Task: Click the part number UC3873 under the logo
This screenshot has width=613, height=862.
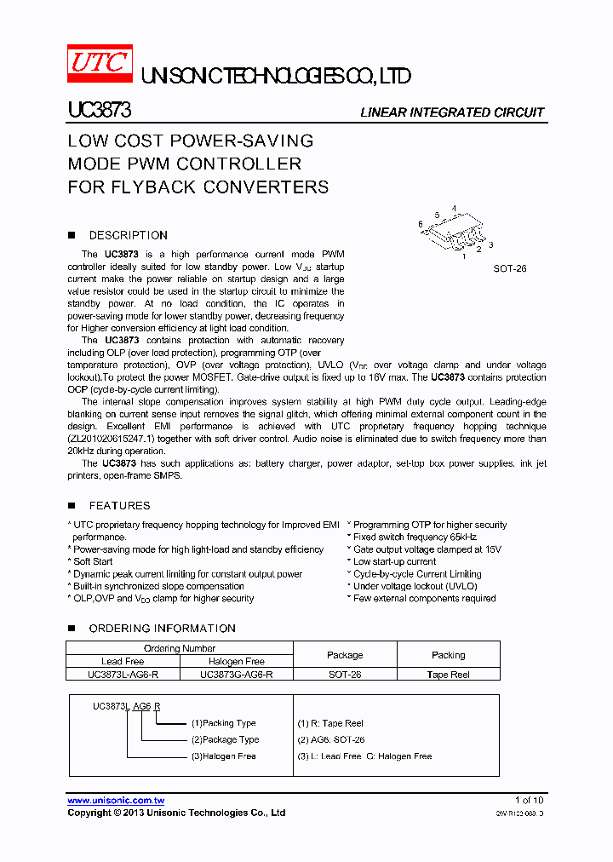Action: click(x=99, y=112)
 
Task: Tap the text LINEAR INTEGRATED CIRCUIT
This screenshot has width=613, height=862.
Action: click(x=452, y=112)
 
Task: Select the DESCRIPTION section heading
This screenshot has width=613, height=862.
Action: click(x=128, y=235)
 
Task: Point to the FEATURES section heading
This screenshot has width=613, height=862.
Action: click(x=119, y=505)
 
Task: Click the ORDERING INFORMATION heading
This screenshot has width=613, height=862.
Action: click(x=162, y=628)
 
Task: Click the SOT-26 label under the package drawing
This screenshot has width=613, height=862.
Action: click(x=510, y=268)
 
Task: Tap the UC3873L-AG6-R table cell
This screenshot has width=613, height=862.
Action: click(x=123, y=674)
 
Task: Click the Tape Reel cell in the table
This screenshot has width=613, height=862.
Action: click(x=448, y=674)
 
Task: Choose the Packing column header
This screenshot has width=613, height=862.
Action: click(x=448, y=655)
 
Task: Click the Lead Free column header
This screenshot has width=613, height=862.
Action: click(x=123, y=661)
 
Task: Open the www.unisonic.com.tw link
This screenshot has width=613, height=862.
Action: click(x=116, y=800)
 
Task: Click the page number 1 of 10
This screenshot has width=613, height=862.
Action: click(x=529, y=800)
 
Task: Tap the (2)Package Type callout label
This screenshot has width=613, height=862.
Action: click(x=225, y=739)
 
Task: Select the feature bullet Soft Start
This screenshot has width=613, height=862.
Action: click(x=93, y=561)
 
